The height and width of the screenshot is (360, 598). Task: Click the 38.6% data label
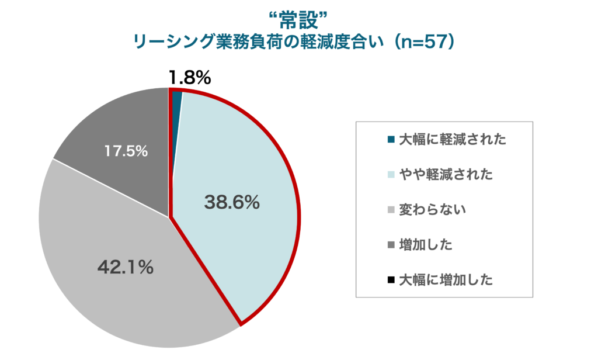pyautogui.click(x=231, y=202)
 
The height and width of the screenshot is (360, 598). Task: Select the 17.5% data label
pyautogui.click(x=126, y=151)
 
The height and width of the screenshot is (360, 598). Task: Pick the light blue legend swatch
pyautogui.click(x=391, y=175)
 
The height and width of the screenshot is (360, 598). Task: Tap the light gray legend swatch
pyautogui.click(x=391, y=210)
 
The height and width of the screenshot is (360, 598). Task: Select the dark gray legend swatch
pyautogui.click(x=391, y=245)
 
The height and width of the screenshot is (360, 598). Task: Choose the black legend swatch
pyautogui.click(x=391, y=280)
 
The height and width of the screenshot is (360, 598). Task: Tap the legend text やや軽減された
pyautogui.click(x=446, y=175)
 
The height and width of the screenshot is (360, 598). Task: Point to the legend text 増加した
pyautogui.click(x=426, y=245)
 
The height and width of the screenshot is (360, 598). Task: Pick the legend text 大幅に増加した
pyautogui.click(x=446, y=280)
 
